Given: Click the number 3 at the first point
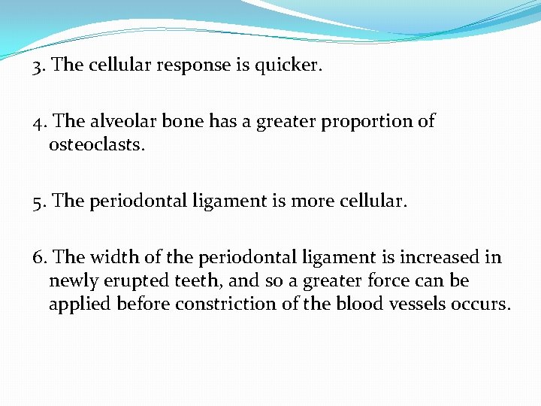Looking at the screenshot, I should click(x=38, y=65).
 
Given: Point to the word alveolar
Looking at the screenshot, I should click(x=123, y=122).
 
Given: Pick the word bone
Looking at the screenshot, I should click(x=180, y=122).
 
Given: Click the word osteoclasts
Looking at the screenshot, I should click(x=97, y=144).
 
